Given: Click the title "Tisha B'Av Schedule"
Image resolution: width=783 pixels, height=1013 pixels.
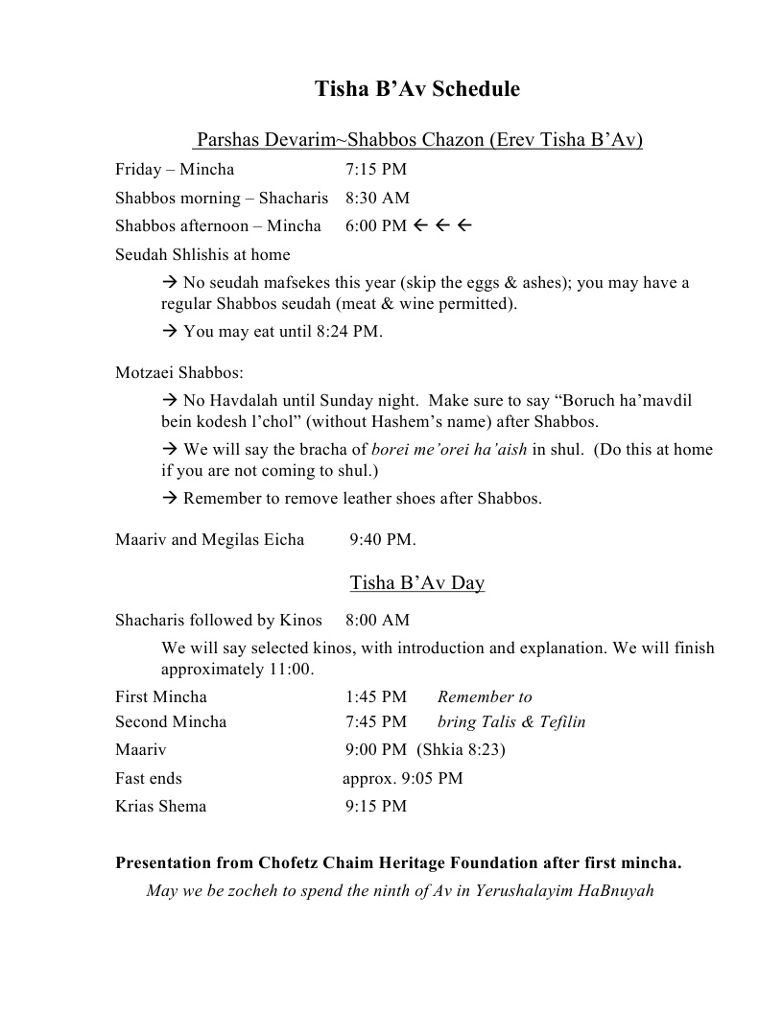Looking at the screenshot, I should click(417, 89).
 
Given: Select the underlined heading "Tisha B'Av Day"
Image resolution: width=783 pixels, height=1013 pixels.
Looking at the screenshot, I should click(417, 583).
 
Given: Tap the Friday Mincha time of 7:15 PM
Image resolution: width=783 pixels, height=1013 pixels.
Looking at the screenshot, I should click(376, 170).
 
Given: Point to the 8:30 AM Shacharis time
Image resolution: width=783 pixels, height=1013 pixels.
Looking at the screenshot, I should click(377, 199).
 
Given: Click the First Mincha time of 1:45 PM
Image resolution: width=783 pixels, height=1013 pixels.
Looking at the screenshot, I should click(376, 697).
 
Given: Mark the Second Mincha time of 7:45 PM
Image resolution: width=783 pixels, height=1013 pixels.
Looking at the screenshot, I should click(376, 722).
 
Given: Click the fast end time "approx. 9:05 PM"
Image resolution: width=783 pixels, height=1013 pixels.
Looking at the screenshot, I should click(403, 778).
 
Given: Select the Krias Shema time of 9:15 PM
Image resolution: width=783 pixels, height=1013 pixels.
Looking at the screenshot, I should click(376, 807).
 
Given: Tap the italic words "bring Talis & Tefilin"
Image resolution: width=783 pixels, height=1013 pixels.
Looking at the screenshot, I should click(511, 722).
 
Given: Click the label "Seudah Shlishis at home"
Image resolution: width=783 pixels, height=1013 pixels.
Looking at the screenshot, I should click(202, 255).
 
